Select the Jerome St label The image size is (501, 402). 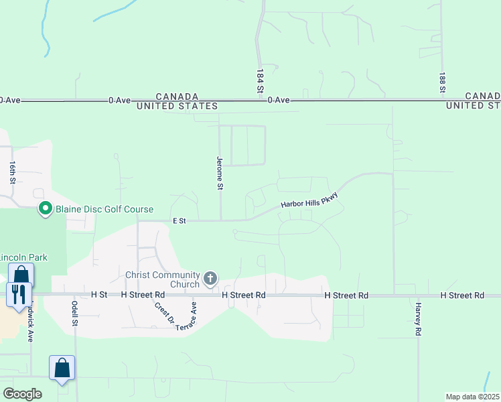point(219,174)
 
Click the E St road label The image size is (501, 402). point(179,220)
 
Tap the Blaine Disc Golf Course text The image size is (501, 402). point(104,210)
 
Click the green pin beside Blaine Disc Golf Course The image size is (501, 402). point(46,209)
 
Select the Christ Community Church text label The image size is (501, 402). point(163,279)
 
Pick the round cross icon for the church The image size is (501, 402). point(210,278)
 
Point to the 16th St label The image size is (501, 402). point(13,172)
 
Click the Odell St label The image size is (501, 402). point(75,313)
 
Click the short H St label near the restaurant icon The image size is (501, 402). point(98,295)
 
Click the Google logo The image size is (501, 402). point(22,394)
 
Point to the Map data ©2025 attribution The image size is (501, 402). point(472,397)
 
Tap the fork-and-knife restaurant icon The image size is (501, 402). point(18,293)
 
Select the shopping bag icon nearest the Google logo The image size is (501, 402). point(62,368)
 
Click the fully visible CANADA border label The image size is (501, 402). point(177,96)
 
